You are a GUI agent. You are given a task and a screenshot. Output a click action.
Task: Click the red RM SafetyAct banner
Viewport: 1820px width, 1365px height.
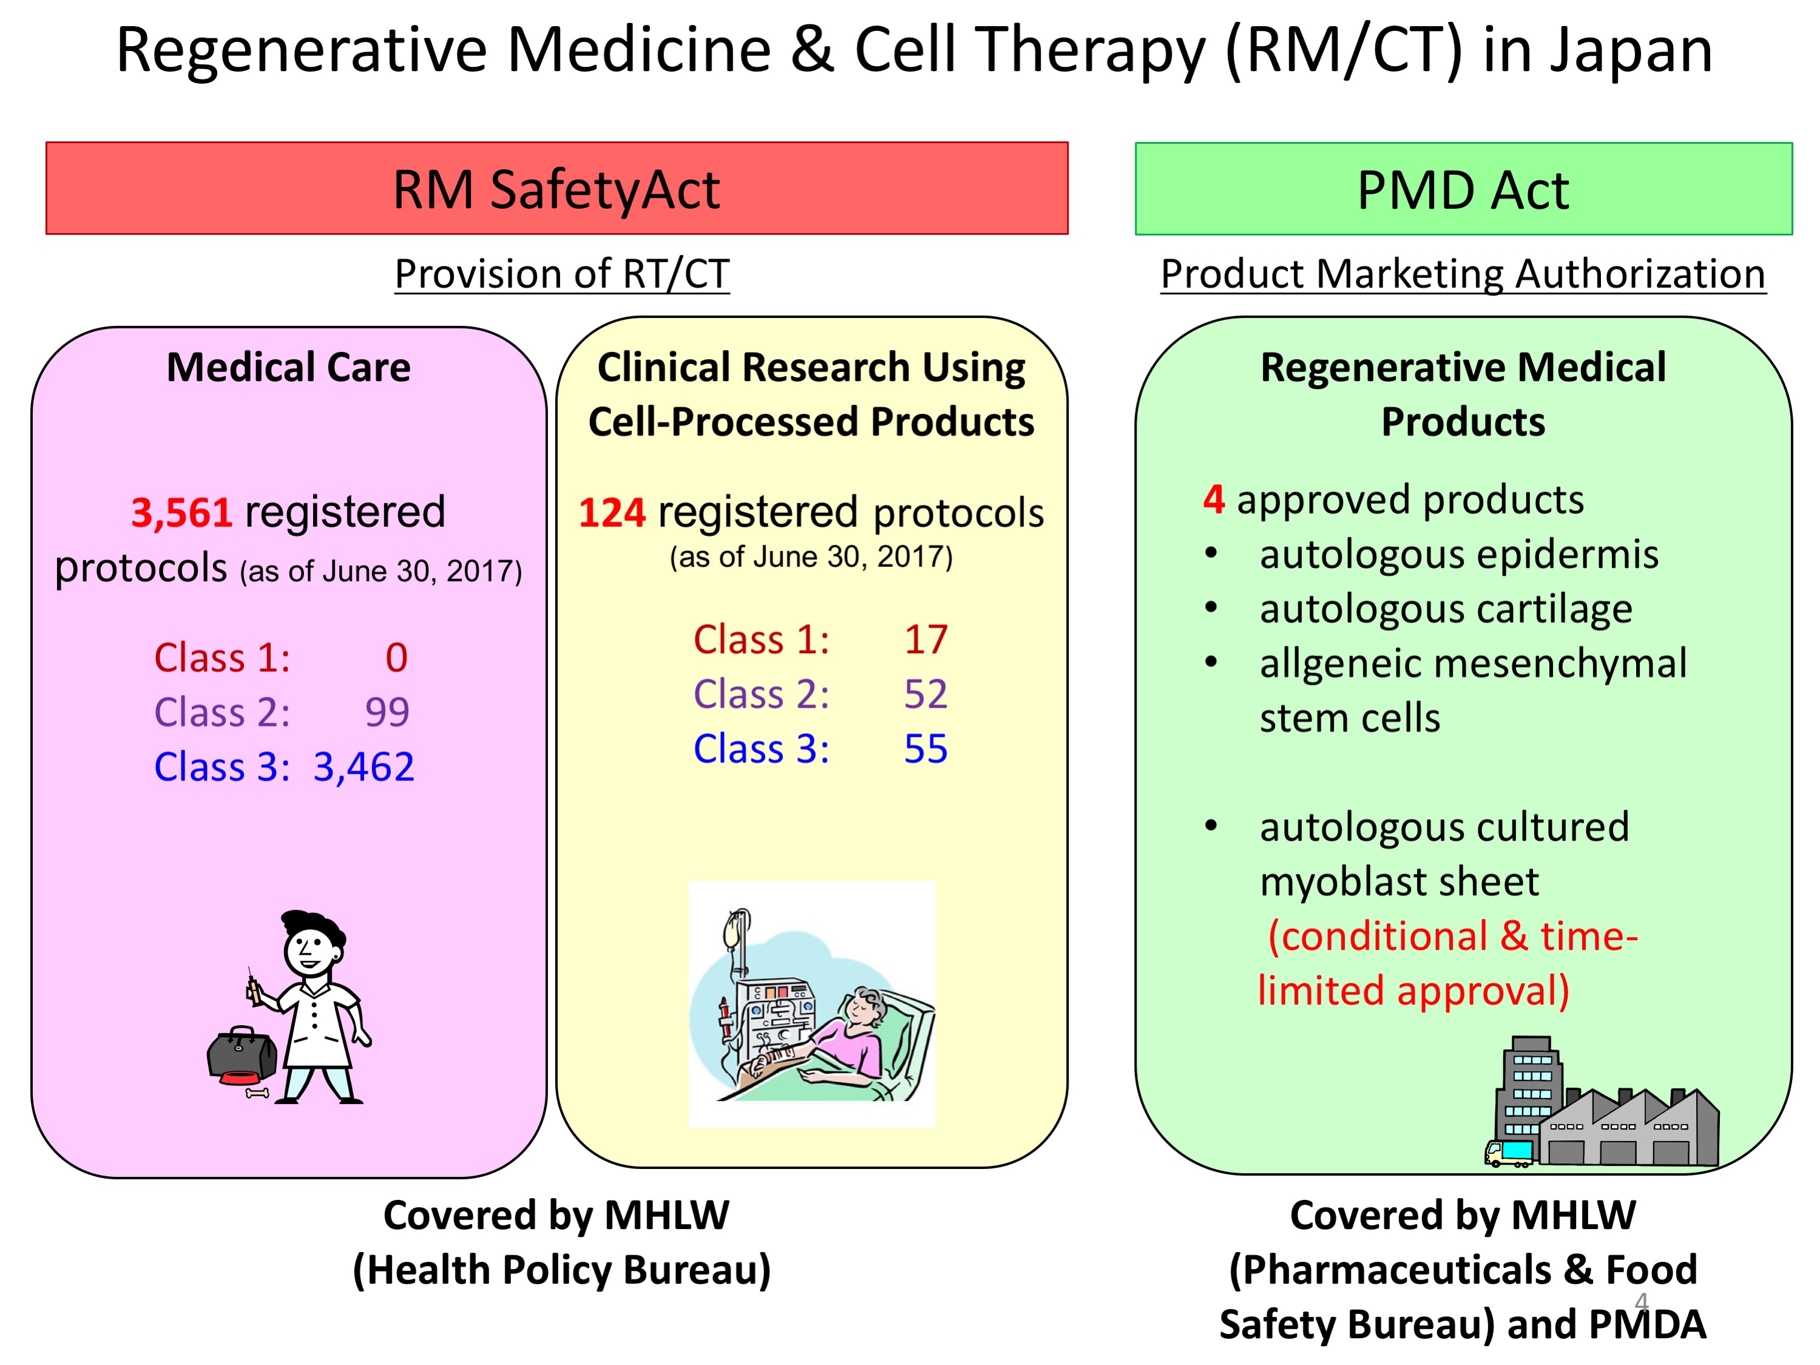coord(557,188)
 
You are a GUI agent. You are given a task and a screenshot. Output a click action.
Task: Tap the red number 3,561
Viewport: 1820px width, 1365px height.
coord(182,513)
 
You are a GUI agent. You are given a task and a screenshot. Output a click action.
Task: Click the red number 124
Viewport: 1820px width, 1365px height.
coord(612,513)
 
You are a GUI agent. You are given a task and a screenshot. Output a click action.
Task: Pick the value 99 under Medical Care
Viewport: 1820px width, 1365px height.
coord(387,713)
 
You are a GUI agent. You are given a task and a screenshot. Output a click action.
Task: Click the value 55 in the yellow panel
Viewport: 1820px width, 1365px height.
coord(927,750)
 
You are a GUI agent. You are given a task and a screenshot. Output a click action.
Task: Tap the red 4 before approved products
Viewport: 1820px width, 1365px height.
coord(1214,500)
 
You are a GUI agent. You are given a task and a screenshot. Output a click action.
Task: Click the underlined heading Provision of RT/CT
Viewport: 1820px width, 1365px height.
coord(562,274)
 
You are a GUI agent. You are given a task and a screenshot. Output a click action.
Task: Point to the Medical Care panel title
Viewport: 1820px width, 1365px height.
coord(289,368)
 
